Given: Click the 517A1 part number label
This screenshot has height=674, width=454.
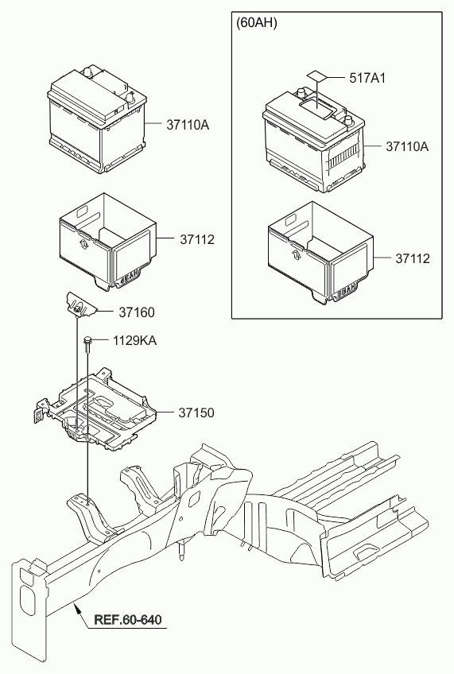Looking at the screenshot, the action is [x=367, y=78].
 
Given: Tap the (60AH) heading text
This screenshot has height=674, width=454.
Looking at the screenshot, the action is [x=257, y=23].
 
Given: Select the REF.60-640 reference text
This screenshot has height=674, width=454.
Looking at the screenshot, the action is [x=128, y=619].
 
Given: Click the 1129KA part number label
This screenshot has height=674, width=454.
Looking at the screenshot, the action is [x=134, y=341].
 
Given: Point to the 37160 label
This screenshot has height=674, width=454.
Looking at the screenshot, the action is [x=137, y=312].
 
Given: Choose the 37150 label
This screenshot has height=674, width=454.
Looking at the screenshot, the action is [x=196, y=413].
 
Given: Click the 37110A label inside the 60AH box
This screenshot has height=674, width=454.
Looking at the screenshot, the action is [x=407, y=146].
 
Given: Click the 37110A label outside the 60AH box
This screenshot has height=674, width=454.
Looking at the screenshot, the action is [x=188, y=125].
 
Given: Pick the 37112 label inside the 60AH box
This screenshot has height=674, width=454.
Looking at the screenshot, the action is [x=413, y=258].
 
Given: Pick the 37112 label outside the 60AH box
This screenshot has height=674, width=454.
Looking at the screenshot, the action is [x=197, y=239].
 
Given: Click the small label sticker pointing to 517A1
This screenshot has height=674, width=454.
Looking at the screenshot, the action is [x=317, y=76].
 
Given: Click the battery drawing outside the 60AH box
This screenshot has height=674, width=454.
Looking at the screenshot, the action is [x=97, y=119].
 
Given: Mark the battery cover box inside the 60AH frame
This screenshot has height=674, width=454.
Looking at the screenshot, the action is [x=320, y=254].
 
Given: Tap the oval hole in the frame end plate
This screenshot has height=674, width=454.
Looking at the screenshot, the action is [x=27, y=599].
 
